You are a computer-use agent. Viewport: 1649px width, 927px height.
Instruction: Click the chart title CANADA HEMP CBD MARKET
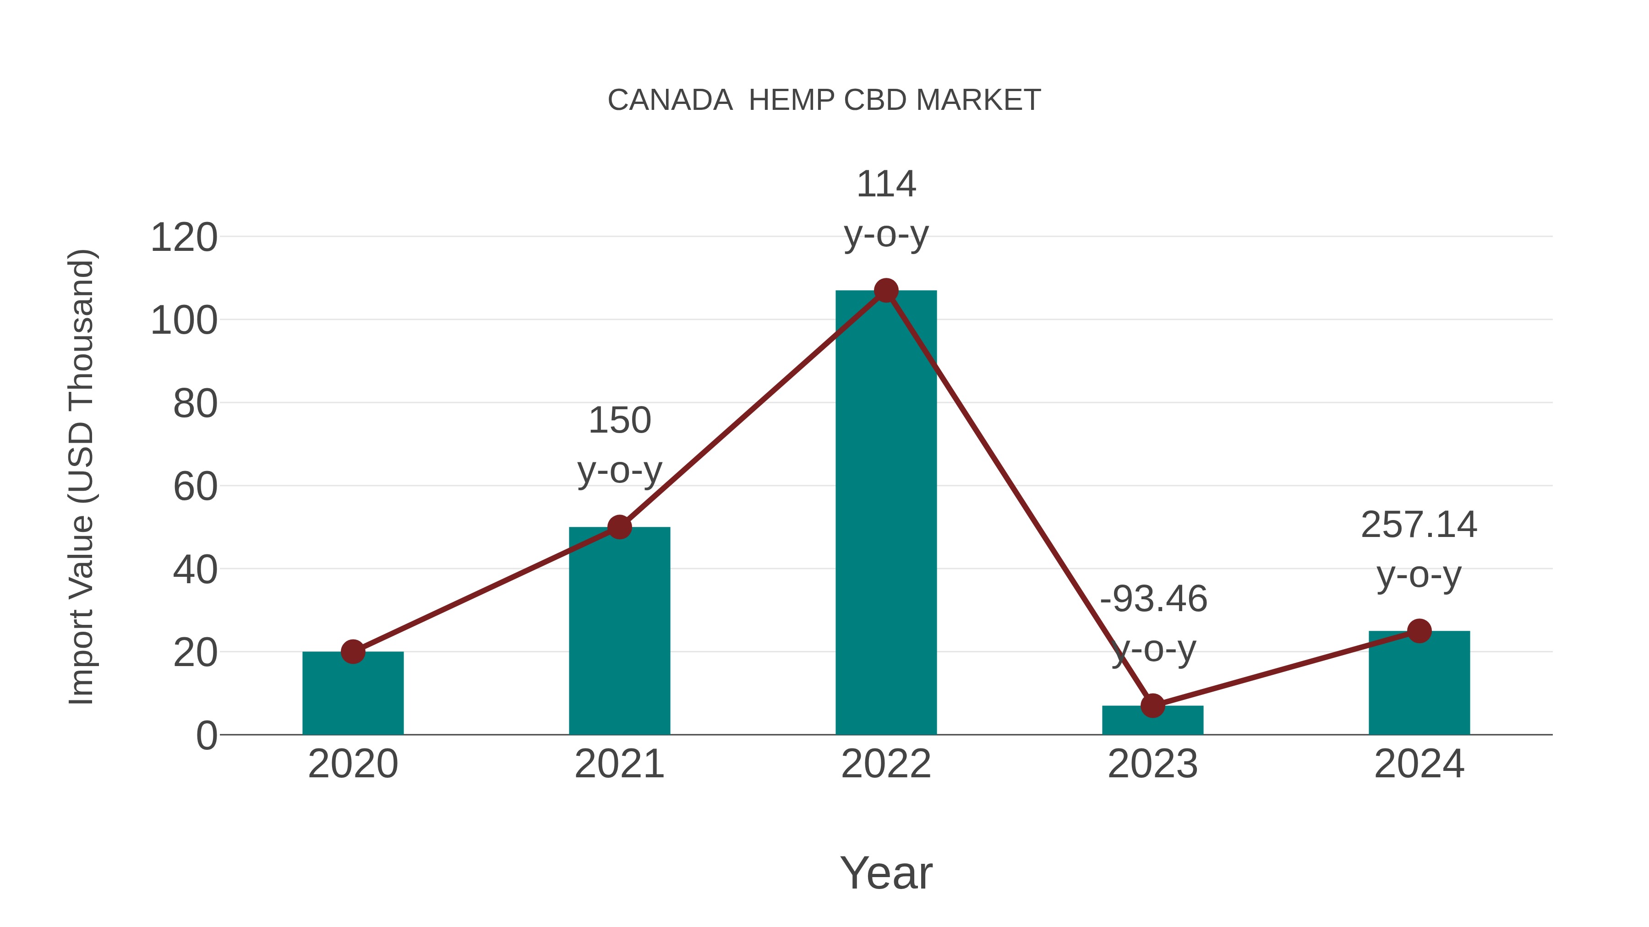824,100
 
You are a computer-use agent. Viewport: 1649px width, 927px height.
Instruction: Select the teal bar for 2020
353,694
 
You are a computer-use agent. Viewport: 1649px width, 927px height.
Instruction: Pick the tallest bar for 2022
886,512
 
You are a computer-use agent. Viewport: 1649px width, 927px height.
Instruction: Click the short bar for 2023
1152,721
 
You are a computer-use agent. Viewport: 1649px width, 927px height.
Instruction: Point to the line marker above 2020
353,652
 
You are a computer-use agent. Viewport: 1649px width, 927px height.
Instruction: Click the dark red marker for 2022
886,290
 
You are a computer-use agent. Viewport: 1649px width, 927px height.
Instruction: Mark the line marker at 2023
1152,705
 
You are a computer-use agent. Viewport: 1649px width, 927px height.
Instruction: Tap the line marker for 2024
1419,631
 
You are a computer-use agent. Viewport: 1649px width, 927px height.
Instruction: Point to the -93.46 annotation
1153,624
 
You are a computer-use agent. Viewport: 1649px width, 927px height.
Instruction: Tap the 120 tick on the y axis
184,238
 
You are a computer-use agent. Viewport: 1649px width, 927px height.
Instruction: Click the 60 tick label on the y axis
195,487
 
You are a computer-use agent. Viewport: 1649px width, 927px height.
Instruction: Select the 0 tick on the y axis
206,736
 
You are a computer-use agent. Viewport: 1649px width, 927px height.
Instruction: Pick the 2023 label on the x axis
1152,764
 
